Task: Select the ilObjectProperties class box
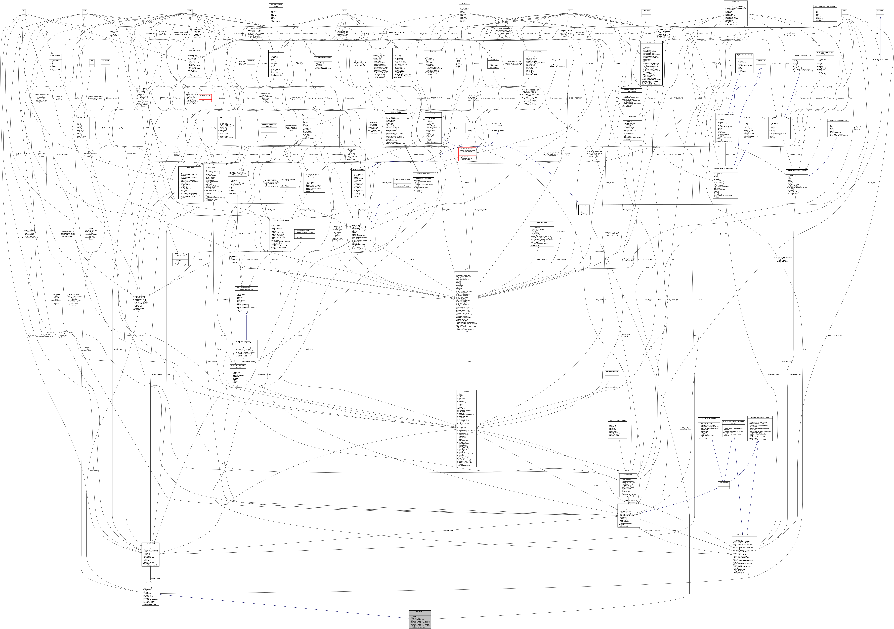pyautogui.click(x=542, y=234)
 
